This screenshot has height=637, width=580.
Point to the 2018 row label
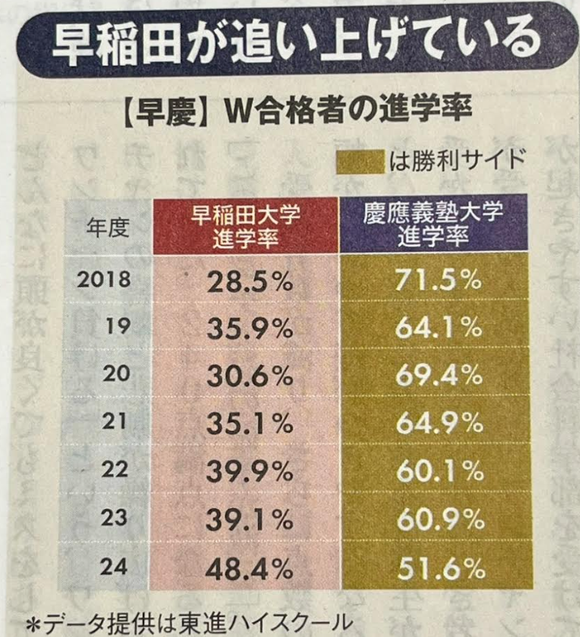[105, 280]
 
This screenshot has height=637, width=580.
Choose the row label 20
[118, 374]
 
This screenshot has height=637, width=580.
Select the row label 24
[118, 567]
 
